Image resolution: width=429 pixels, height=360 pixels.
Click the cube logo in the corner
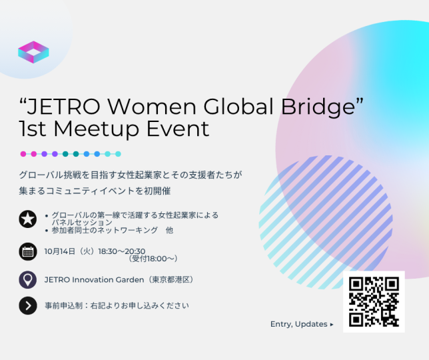pyautogui.click(x=33, y=51)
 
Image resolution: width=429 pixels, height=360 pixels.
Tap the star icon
pyautogui.click(x=28, y=218)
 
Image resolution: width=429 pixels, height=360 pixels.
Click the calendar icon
pyautogui.click(x=28, y=251)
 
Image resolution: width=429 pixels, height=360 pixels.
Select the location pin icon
pyautogui.click(x=28, y=279)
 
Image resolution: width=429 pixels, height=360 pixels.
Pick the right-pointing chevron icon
pyautogui.click(x=28, y=306)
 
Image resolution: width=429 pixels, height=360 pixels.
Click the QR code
pyautogui.click(x=374, y=301)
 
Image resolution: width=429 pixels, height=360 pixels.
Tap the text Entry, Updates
pyautogui.click(x=299, y=324)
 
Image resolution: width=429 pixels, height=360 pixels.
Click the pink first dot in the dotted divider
pyautogui.click(x=23, y=154)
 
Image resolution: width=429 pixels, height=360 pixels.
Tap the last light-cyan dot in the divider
pyautogui.click(x=118, y=154)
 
